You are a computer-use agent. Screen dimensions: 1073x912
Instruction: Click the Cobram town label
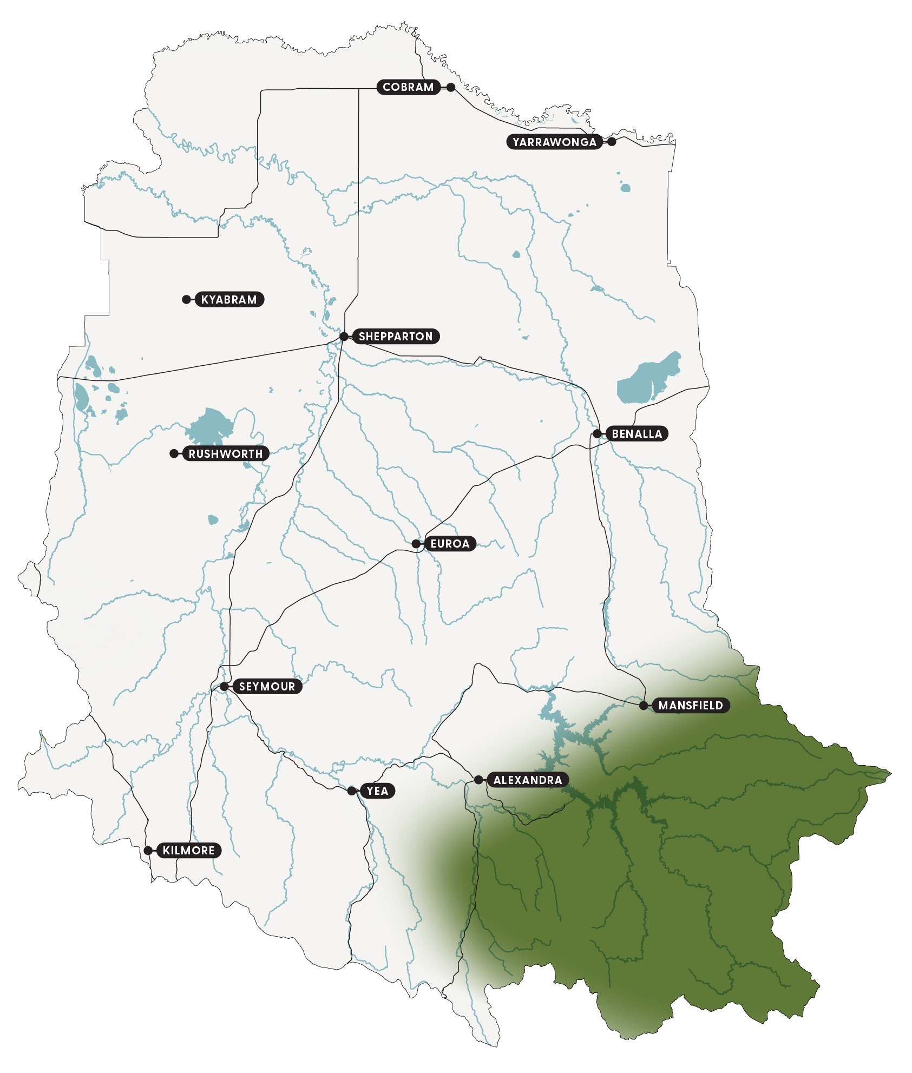[408, 87]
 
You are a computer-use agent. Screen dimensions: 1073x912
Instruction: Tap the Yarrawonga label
[554, 142]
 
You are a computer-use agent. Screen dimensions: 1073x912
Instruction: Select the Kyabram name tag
[229, 300]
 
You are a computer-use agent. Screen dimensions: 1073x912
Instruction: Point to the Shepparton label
[396, 337]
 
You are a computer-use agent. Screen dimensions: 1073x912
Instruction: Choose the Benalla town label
[637, 434]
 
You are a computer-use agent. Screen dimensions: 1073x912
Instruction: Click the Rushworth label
[225, 454]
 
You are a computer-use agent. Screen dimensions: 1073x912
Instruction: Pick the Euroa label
[449, 544]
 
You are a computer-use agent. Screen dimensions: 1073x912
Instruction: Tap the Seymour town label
[267, 687]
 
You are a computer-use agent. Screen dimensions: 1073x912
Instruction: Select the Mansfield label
[691, 706]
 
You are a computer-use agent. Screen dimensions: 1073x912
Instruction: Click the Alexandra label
[528, 780]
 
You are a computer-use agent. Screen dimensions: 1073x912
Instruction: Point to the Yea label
[377, 791]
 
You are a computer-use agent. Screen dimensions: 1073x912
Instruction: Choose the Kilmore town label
[188, 851]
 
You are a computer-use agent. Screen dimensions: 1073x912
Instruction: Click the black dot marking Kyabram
[187, 300]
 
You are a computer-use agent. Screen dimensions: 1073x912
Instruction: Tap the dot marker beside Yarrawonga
[612, 142]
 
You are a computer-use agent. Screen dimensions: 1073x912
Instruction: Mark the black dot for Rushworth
[174, 453]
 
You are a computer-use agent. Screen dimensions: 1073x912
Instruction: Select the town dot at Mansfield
[644, 706]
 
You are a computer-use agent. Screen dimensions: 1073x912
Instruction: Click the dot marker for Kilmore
[148, 851]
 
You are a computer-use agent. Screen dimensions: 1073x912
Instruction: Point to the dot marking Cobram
[451, 87]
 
